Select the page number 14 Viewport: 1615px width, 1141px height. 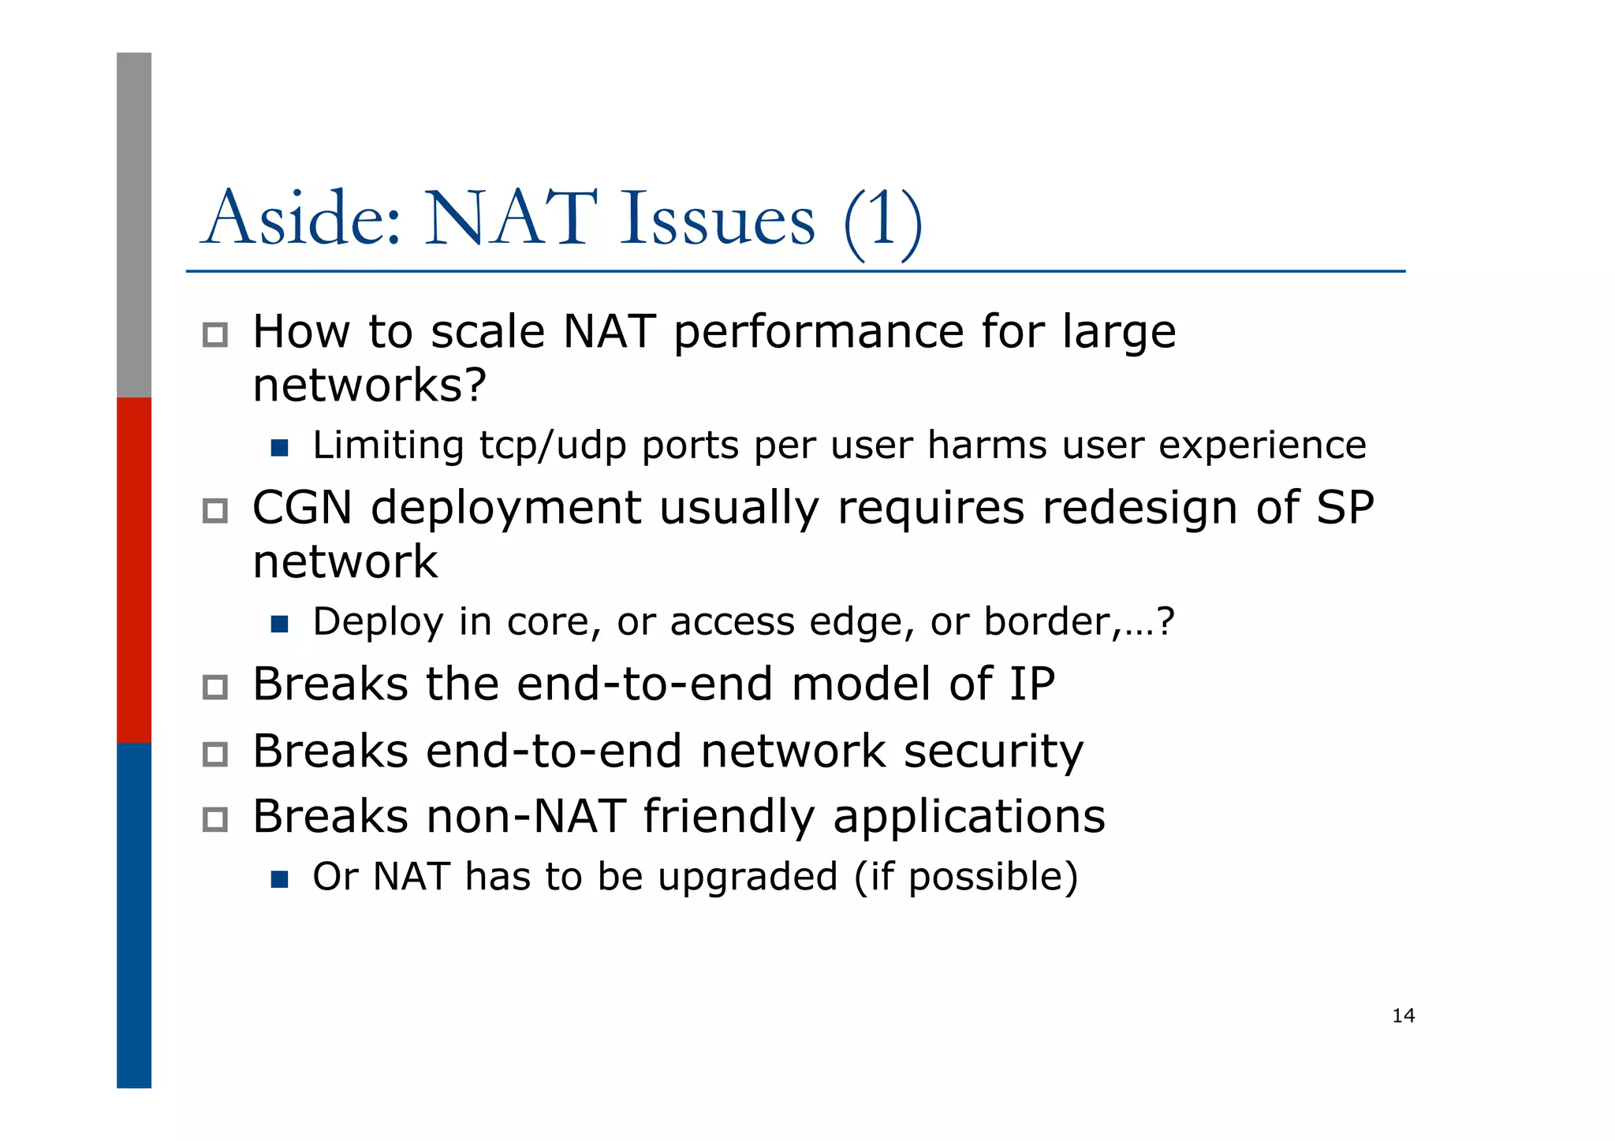coord(1403,1016)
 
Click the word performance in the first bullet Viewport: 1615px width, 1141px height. coord(818,333)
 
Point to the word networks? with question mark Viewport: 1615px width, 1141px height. coord(369,386)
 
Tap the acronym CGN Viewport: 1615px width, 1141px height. coord(302,507)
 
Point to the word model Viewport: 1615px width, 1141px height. coord(860,684)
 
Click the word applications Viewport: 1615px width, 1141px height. coord(969,816)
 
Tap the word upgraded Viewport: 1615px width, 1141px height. coord(747,877)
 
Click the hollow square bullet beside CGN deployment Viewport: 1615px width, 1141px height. coord(214,511)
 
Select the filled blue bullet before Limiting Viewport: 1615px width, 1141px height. coord(279,449)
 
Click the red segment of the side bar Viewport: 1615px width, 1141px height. coord(134,569)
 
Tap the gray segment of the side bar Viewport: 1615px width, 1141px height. coord(134,225)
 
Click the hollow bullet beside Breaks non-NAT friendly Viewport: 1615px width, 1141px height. coord(214,820)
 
